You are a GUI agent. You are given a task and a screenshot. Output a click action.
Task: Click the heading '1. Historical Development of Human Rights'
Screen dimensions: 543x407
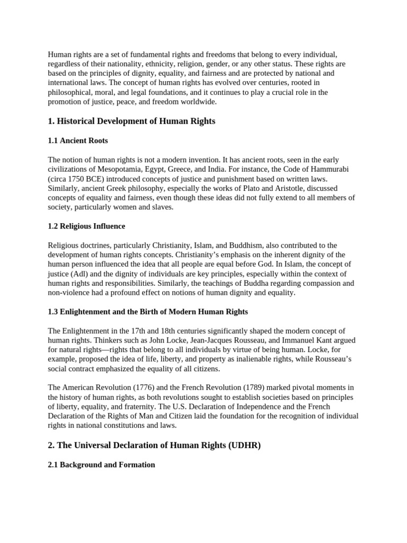pyautogui.click(x=131, y=121)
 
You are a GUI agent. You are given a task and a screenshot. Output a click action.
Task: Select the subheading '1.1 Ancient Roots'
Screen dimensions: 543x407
pyautogui.click(x=78, y=141)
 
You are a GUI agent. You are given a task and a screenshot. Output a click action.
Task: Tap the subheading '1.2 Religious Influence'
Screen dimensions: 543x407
pyautogui.click(x=86, y=226)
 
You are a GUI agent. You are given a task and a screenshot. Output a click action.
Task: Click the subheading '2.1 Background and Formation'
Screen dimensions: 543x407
pyautogui.click(x=101, y=465)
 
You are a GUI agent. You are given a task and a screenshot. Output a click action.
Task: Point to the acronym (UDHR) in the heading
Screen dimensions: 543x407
pyautogui.click(x=244, y=445)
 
